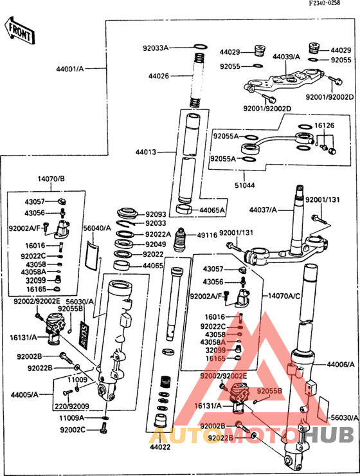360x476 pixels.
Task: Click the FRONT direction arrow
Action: coord(19,30)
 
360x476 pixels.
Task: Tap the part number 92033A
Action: coord(155,48)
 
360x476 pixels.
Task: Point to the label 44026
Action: coord(158,76)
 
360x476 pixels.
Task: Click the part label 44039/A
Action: coord(286,57)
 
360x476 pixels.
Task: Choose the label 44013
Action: coord(145,152)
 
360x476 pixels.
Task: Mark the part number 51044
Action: coord(245,185)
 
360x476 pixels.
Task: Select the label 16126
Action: coord(324,125)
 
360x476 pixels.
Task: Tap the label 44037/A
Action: coord(263,210)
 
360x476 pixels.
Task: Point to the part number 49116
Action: coord(207,235)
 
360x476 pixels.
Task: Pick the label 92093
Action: coord(155,214)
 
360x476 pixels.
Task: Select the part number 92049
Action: coord(155,244)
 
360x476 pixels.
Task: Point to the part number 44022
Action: coord(160,446)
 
